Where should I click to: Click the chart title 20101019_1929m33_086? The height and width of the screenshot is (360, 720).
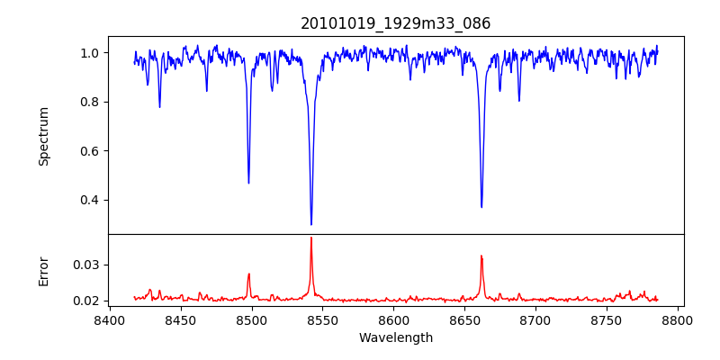(x=396, y=23)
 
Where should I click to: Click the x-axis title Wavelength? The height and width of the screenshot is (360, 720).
(x=396, y=338)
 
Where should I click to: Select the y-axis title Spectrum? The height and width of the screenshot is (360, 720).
(x=44, y=136)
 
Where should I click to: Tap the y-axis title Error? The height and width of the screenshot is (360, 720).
(x=44, y=271)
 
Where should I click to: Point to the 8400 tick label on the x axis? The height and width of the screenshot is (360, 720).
(x=109, y=319)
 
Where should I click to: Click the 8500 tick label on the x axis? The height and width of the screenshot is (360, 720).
(x=251, y=319)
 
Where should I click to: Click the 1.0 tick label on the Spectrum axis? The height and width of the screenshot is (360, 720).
(x=89, y=53)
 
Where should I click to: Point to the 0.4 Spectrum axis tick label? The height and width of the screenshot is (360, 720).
(x=89, y=200)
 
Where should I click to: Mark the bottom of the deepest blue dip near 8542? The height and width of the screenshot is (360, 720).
(x=311, y=224)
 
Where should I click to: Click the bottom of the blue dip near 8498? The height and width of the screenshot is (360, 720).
(x=248, y=183)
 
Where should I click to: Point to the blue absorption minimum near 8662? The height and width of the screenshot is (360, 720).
(x=481, y=207)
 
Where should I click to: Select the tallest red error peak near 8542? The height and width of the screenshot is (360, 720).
(x=311, y=238)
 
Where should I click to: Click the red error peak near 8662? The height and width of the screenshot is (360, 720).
(x=481, y=256)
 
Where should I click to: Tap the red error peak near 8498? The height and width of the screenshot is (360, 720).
(x=248, y=274)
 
